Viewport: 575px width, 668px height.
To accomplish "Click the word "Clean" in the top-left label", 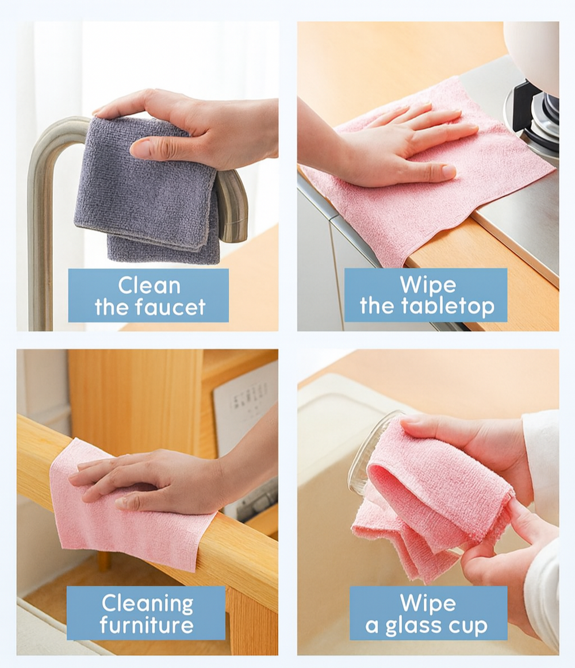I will [149, 286].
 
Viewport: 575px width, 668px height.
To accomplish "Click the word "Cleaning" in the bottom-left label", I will [147, 603].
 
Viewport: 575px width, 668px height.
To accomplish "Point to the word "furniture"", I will [147, 625].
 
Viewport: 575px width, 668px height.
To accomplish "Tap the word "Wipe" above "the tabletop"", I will [428, 285].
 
